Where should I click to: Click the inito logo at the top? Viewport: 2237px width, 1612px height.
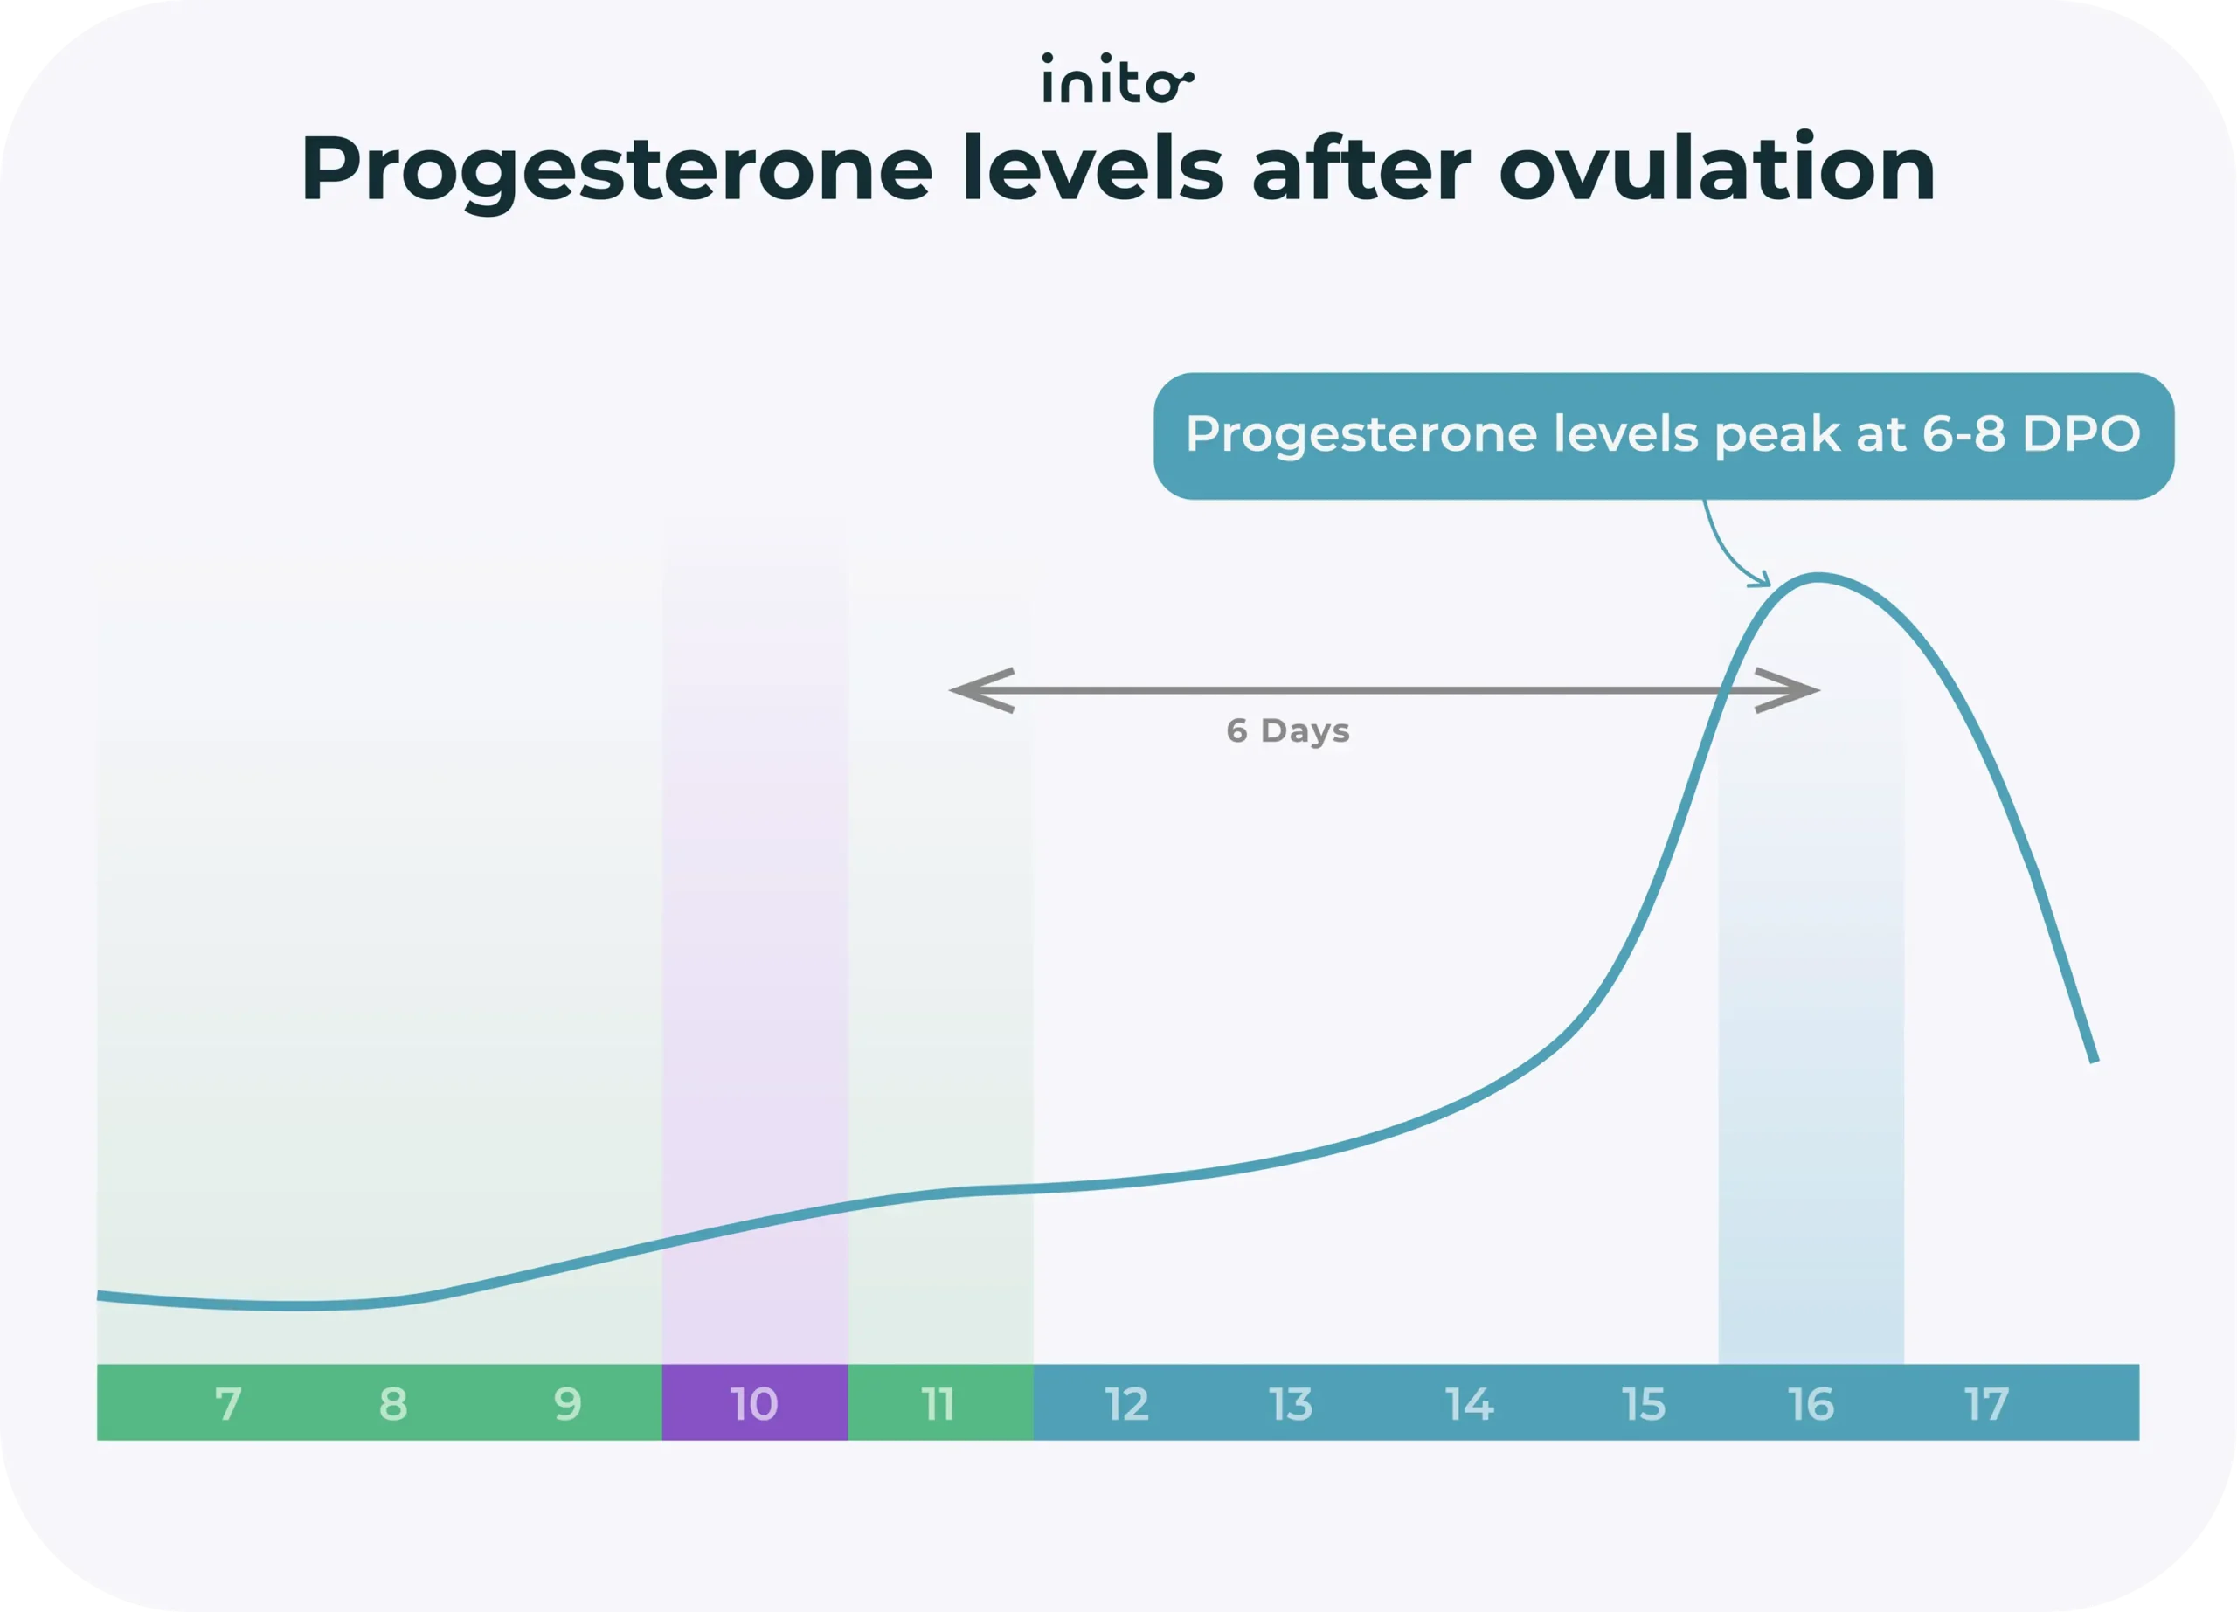1118,79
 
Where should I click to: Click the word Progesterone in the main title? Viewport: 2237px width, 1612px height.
616,170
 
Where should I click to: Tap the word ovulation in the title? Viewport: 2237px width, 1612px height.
1716,170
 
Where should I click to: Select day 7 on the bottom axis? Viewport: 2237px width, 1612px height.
228,1403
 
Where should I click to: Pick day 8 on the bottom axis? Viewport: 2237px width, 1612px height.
392,1403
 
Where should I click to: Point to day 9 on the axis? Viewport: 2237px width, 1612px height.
567,1403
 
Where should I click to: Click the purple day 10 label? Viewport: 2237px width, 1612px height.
754,1403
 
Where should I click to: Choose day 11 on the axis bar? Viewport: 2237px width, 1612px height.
938,1403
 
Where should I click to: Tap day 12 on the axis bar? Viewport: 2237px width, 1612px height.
1126,1403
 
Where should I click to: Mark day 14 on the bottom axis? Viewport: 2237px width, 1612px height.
1470,1403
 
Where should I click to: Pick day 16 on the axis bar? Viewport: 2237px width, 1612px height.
1811,1403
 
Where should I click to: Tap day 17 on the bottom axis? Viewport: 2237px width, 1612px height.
1986,1403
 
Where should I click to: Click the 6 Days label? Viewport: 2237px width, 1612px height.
1287,730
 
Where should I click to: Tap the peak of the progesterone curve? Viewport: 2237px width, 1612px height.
1817,577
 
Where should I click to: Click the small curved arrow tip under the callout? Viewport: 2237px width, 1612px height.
1764,582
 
